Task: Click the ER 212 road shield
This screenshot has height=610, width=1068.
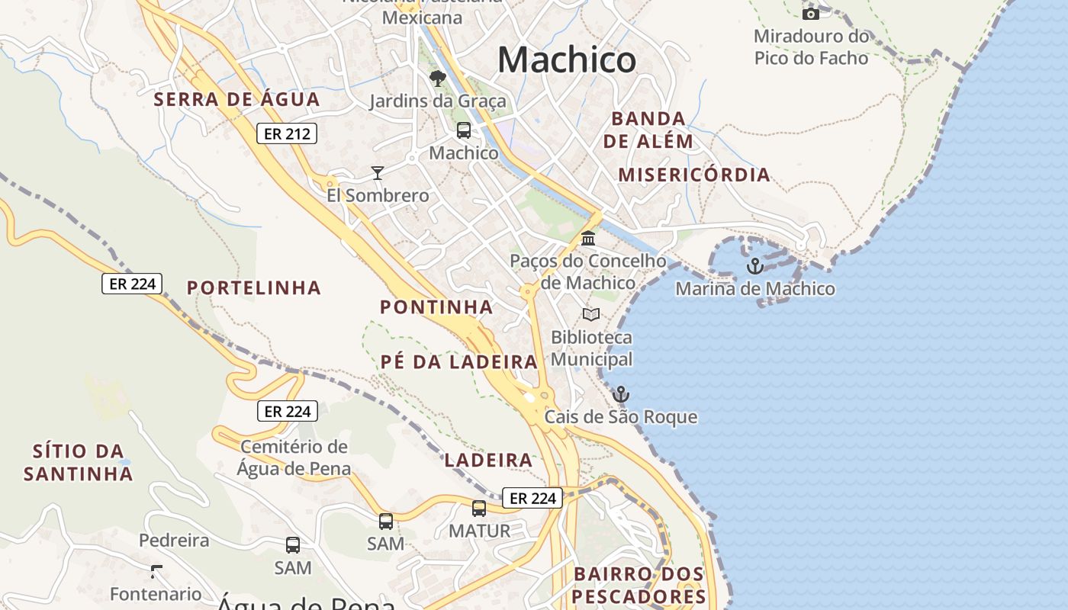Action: click(286, 133)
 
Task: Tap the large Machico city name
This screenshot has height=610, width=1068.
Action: click(567, 59)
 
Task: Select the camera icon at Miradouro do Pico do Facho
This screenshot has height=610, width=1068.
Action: click(811, 13)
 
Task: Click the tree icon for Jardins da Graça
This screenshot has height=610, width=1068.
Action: click(437, 78)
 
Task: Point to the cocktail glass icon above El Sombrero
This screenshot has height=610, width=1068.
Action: click(377, 173)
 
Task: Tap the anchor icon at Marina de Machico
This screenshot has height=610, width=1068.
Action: click(754, 266)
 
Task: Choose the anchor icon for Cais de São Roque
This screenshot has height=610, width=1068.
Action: click(621, 394)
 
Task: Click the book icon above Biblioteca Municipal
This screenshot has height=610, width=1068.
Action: click(591, 314)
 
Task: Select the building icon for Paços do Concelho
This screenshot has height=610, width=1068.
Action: click(588, 239)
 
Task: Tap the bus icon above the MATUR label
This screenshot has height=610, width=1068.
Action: click(479, 508)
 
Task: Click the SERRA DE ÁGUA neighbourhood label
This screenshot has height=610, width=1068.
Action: click(236, 99)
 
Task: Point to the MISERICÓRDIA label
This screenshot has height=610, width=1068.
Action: click(694, 175)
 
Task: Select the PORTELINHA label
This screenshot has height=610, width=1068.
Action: click(254, 287)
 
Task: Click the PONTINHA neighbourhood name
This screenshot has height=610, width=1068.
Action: click(436, 307)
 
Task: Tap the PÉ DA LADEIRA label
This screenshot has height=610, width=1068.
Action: click(459, 361)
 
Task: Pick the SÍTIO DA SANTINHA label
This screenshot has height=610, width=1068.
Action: click(79, 462)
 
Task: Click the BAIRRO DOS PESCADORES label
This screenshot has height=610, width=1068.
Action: click(639, 585)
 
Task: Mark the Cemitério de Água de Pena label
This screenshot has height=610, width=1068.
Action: click(294, 457)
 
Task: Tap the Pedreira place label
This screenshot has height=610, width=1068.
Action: click(174, 541)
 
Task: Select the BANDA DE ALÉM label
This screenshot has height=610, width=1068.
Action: click(648, 130)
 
